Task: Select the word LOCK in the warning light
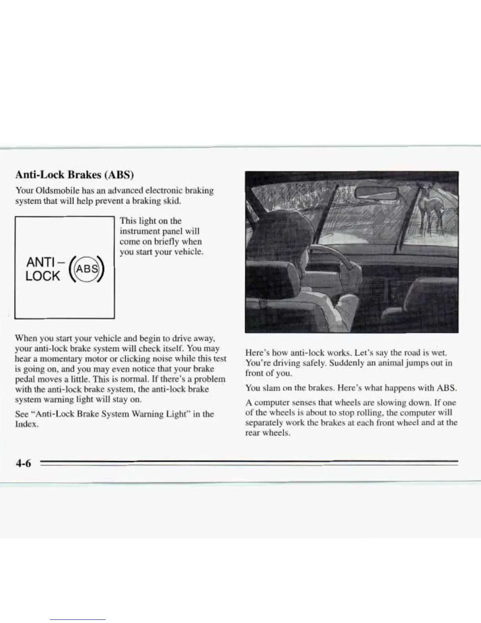(42, 276)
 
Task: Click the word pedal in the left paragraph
(26, 379)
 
